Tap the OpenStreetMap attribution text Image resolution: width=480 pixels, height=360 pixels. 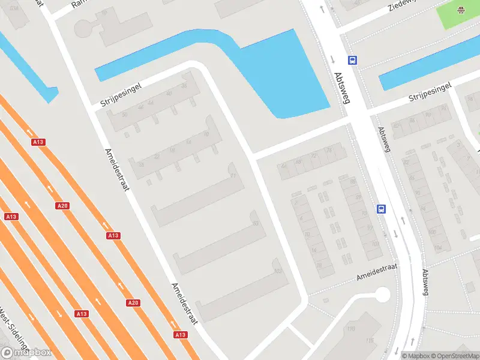click(x=458, y=356)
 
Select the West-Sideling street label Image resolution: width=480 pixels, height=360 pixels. click(x=13, y=328)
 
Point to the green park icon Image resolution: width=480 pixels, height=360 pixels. click(x=461, y=10)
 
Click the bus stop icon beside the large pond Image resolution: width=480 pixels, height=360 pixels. click(x=353, y=60)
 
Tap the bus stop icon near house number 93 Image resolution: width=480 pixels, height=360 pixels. click(x=381, y=209)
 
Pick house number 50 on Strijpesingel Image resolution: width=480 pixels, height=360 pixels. click(x=124, y=114)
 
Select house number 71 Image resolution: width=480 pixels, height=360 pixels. click(x=233, y=176)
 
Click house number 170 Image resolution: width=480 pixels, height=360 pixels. click(x=350, y=329)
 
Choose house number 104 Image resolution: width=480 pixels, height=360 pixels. click(x=437, y=247)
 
